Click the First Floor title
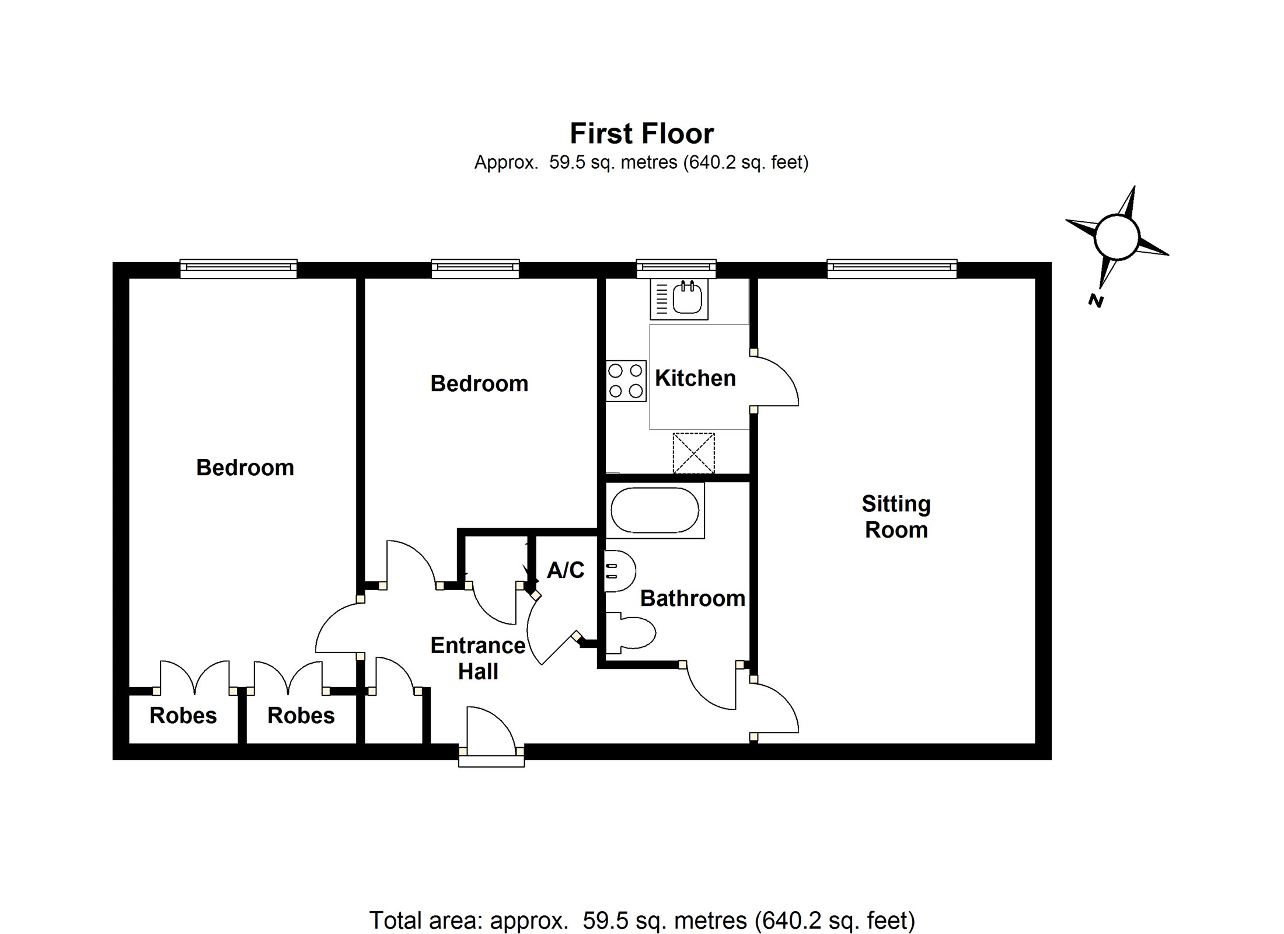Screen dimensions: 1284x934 641,134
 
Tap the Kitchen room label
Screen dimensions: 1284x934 695,378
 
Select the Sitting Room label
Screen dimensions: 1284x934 896,517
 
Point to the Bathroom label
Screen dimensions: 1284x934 693,598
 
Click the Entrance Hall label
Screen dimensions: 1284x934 478,658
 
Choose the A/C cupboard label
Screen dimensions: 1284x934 566,570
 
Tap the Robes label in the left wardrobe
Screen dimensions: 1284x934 183,715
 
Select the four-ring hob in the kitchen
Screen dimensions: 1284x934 626,381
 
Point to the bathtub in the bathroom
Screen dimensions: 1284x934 655,510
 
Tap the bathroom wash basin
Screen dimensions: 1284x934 619,571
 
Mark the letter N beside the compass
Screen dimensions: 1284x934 1095,301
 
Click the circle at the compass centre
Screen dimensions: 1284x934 1116,236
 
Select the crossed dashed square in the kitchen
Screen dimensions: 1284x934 693,453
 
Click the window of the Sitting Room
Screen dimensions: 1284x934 892,268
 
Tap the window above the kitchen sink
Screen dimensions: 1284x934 676,268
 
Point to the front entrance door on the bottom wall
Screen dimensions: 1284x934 491,741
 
